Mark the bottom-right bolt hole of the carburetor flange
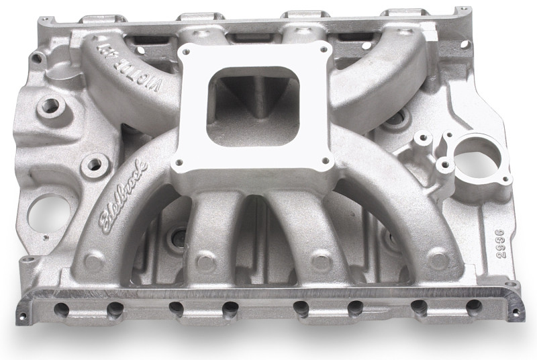click(x=326, y=161)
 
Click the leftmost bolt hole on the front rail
click(x=62, y=309)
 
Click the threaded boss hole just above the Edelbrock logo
click(x=94, y=163)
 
